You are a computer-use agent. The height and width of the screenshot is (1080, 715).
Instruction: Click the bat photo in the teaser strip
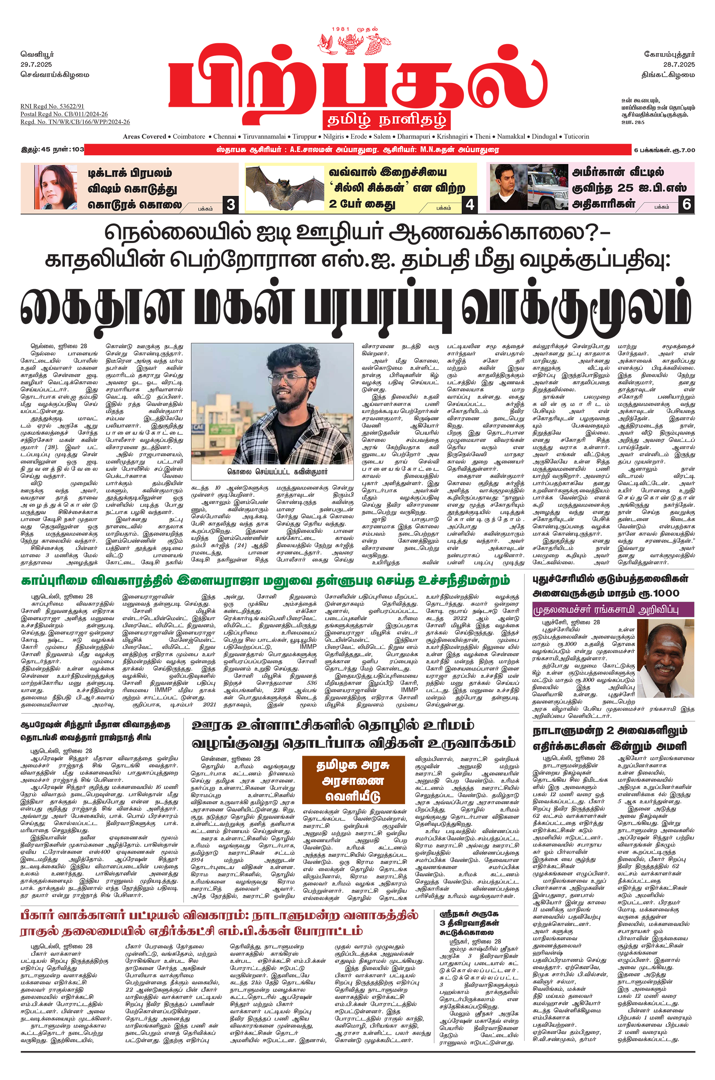pyautogui.click(x=285, y=187)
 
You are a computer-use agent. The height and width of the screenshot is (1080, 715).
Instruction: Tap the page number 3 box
pyautogui.click(x=231, y=205)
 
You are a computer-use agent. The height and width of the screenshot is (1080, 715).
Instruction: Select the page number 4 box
pyautogui.click(x=470, y=205)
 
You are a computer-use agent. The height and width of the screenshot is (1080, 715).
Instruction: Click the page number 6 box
pyautogui.click(x=687, y=204)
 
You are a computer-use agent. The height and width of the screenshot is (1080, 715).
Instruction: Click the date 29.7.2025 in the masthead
pyautogui.click(x=36, y=64)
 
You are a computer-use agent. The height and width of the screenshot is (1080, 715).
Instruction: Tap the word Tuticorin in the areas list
pyautogui.click(x=576, y=136)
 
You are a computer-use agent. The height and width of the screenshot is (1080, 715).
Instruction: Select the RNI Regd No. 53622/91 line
pyautogui.click(x=52, y=106)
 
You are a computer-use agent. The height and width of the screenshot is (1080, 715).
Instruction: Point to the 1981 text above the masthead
pyautogui.click(x=341, y=29)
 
